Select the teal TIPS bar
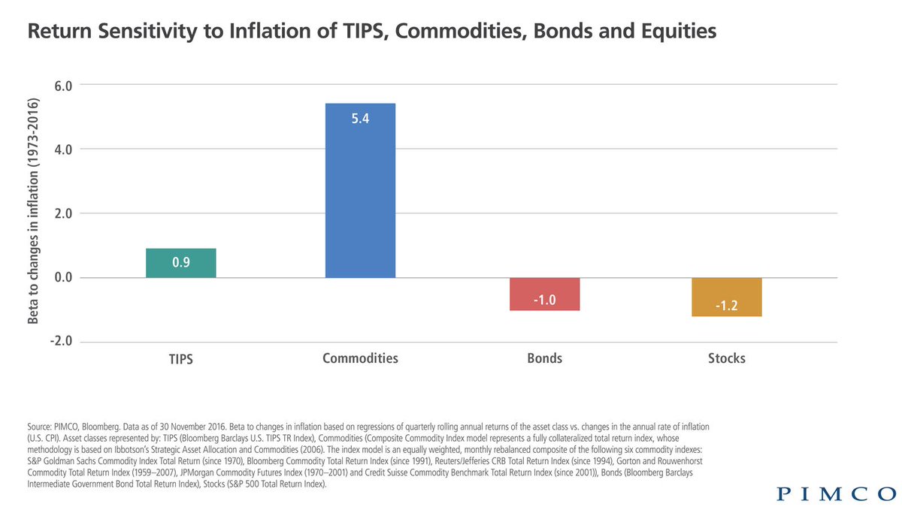click(x=181, y=263)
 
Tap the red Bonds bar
click(x=544, y=294)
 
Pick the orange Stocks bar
click(x=727, y=297)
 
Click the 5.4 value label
click(x=360, y=119)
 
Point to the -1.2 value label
click(x=727, y=306)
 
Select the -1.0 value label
click(x=544, y=300)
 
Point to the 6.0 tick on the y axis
click(x=62, y=85)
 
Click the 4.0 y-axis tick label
click(x=62, y=149)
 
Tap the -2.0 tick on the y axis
click(x=60, y=342)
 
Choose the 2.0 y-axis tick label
click(x=62, y=214)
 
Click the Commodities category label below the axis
click(x=360, y=358)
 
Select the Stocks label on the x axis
click(x=727, y=358)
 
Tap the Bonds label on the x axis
click(x=544, y=358)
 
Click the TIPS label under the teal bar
click(x=181, y=359)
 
